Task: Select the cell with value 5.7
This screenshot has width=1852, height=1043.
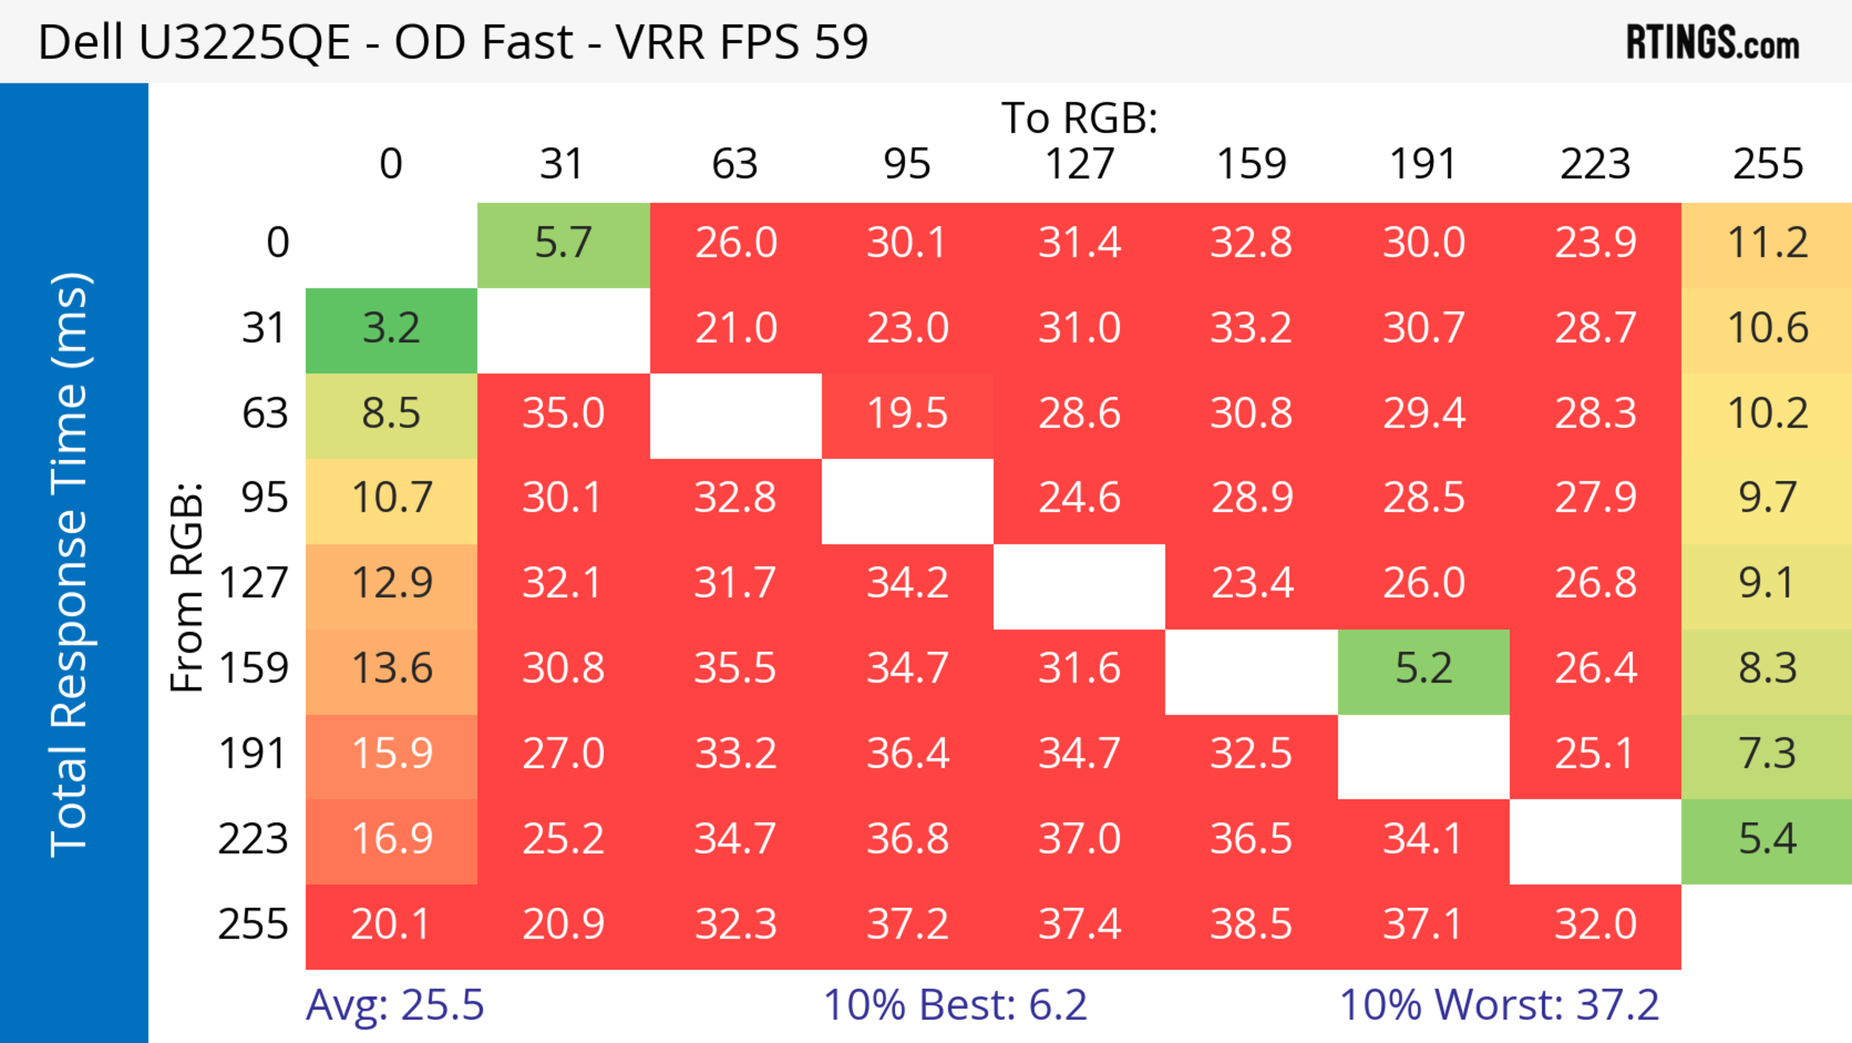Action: point(563,244)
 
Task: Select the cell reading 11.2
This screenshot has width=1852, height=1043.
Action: point(1767,244)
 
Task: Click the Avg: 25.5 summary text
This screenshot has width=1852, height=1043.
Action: point(395,1005)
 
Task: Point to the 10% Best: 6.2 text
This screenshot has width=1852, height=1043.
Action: point(955,1005)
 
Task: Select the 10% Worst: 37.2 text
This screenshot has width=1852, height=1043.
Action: point(1499,1005)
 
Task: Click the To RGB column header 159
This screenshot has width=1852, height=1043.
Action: point(1251,165)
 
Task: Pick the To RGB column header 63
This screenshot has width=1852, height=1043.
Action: point(735,165)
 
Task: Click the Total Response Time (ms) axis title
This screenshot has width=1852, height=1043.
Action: point(70,565)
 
